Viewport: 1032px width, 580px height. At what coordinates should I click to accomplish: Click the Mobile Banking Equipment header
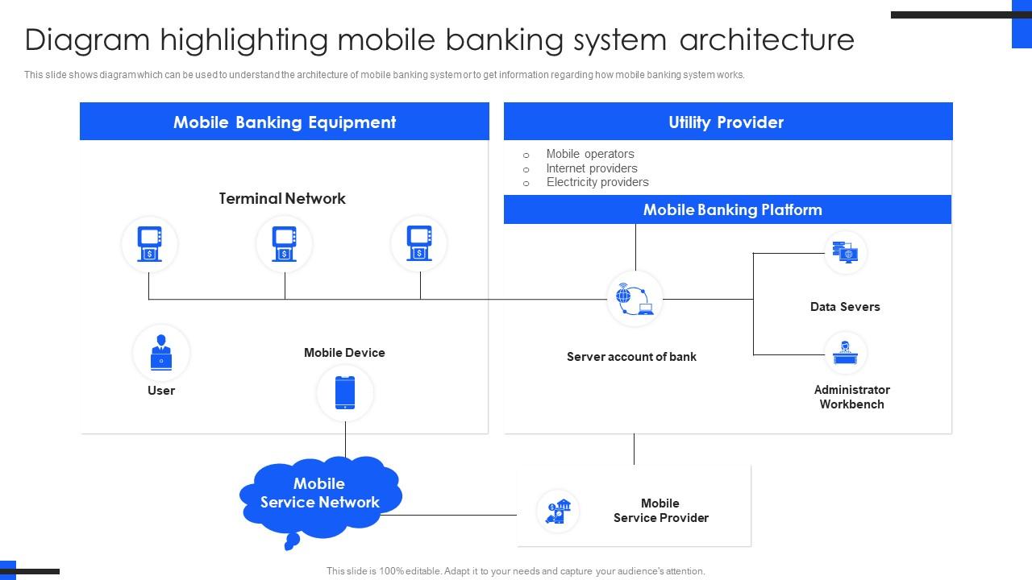tap(284, 122)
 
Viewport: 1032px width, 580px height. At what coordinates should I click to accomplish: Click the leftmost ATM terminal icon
tap(149, 243)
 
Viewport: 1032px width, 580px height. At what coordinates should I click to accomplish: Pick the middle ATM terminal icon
tap(284, 243)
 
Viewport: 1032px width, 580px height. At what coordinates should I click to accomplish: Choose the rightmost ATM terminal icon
tap(418, 243)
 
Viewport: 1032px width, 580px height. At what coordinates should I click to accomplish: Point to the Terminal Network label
tap(282, 198)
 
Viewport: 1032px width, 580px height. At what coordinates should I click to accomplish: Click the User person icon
tap(161, 353)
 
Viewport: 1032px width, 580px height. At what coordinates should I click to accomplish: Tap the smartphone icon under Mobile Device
tap(345, 392)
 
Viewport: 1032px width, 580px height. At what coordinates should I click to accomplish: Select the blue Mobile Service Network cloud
tap(320, 493)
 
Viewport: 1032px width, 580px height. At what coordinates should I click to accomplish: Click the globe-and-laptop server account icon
tap(635, 298)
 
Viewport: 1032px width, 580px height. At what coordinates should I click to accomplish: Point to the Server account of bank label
tap(631, 357)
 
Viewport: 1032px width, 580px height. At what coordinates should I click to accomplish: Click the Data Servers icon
tap(845, 252)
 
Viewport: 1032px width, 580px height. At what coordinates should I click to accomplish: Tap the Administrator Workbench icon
tap(845, 353)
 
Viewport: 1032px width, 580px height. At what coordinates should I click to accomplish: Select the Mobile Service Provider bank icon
tap(558, 511)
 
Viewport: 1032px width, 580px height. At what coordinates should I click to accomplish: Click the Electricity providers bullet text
tap(597, 182)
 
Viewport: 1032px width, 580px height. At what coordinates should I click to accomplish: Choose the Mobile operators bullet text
tap(590, 154)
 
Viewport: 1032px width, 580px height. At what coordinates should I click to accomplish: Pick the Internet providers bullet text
tap(592, 168)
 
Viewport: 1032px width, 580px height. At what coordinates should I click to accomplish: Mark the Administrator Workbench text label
tap(852, 397)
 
